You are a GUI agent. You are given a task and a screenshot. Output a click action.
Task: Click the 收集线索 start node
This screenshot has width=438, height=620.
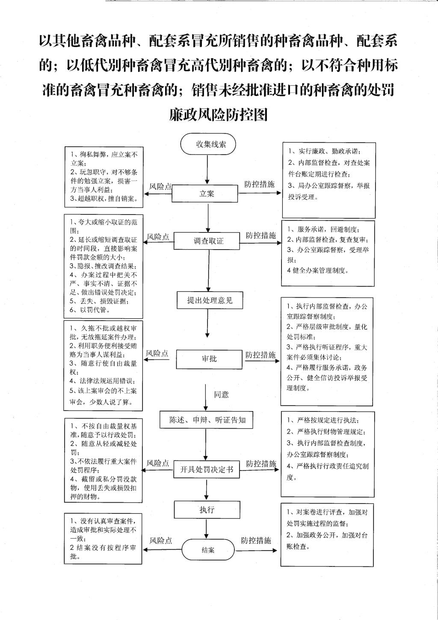[x=208, y=144]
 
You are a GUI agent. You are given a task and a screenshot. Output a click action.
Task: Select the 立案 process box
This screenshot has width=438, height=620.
[x=205, y=194]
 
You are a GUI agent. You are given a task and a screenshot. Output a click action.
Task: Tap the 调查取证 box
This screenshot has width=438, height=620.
[x=208, y=241]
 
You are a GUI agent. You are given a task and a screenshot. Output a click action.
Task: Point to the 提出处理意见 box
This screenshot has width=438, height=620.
[x=210, y=300]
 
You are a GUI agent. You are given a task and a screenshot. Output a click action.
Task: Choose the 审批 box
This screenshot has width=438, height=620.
[x=209, y=359]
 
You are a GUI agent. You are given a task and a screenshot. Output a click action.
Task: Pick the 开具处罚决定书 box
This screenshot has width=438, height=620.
[x=206, y=469]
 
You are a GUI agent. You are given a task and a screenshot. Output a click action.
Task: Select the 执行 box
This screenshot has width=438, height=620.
[x=207, y=510]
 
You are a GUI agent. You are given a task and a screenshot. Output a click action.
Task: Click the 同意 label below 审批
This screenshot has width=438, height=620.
[x=221, y=395]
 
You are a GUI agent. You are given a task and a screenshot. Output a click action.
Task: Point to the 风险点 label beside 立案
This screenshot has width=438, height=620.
[x=160, y=186]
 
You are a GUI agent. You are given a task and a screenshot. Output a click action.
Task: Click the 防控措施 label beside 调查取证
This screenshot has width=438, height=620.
[x=260, y=235]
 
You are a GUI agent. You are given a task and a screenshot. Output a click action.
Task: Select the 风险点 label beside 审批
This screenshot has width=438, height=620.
[x=157, y=353]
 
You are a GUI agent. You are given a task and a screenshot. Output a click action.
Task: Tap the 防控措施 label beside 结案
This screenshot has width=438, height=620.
[x=256, y=540]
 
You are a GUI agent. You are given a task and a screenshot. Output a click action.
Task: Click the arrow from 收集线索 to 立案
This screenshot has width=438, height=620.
[x=207, y=170]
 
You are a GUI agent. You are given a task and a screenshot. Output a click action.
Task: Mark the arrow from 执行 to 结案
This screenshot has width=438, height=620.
[x=207, y=528]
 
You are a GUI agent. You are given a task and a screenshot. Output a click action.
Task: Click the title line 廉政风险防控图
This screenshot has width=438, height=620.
[x=218, y=115]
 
